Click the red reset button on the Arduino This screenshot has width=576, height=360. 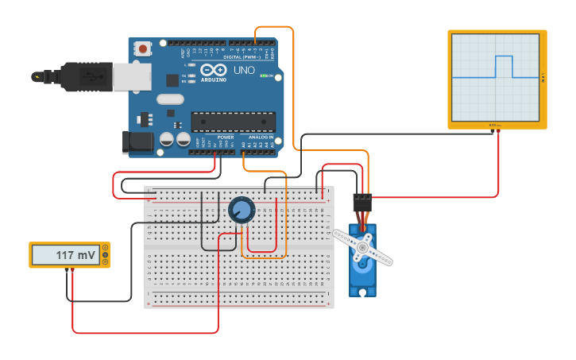pos(143,49)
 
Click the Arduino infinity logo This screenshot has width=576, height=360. pos(213,70)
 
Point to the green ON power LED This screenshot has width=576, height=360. pos(264,75)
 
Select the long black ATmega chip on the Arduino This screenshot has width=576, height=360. pos(233,122)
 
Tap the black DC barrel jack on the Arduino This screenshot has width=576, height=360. pos(137,142)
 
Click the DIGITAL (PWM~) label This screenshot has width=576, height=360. pos(243,56)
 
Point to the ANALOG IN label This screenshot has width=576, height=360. pos(261,137)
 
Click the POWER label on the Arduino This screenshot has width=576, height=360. pos(226,137)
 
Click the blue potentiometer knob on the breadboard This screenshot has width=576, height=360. pos(242,210)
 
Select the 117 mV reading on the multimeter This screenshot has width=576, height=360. pos(75,255)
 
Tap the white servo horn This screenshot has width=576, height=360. pos(362,246)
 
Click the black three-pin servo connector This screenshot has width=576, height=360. pos(362,203)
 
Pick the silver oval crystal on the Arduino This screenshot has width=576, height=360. pos(170,99)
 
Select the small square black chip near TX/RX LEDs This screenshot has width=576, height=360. pos(172,79)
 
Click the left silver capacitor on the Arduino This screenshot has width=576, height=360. pos(167,139)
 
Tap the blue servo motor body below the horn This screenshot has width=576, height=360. pos(362,274)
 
